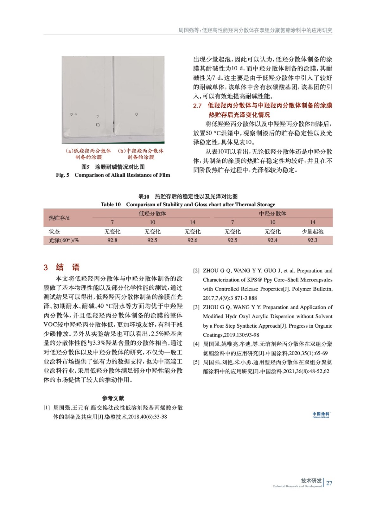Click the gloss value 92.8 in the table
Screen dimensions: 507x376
point(112,240)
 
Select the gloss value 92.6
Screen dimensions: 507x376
point(192,240)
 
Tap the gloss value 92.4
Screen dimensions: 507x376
point(272,240)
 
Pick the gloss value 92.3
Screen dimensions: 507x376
point(312,240)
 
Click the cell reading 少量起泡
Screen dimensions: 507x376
point(312,232)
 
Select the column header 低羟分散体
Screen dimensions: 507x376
point(152,214)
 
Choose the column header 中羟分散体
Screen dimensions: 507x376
point(272,214)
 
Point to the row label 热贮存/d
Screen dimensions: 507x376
point(59,218)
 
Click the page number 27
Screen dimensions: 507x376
point(329,483)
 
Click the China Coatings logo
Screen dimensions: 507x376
point(321,415)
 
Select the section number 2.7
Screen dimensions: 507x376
point(197,106)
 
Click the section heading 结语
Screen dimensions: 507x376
point(67,267)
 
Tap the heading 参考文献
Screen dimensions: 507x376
point(113,398)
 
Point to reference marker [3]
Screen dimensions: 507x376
point(196,307)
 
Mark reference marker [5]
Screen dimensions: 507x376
point(196,362)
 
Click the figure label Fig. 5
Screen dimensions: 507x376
point(62,175)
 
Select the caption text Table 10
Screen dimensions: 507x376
point(111,204)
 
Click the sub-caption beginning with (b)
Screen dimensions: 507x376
point(141,154)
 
